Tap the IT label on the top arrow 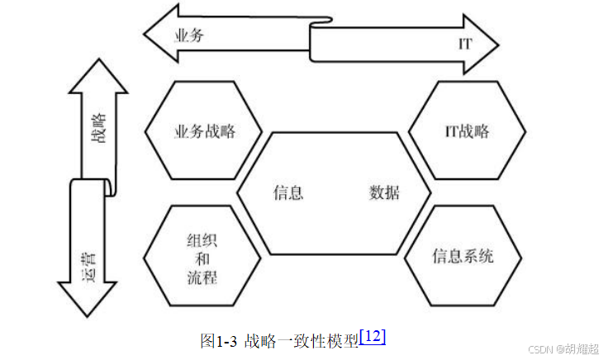(465, 44)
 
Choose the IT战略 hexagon (467, 131)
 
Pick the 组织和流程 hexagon (202, 257)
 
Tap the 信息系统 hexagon (463, 256)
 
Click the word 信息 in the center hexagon (288, 193)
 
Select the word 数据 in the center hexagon (384, 193)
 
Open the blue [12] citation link (373, 336)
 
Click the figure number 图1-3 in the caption (219, 340)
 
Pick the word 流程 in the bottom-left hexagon (202, 277)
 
